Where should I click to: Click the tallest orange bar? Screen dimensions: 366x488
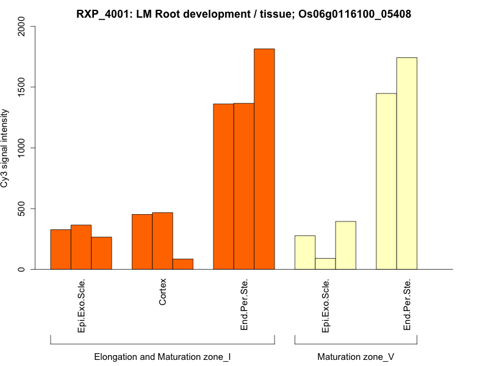(x=264, y=159)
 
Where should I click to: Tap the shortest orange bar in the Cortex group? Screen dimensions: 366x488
(x=183, y=264)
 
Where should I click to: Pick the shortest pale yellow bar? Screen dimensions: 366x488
(x=325, y=264)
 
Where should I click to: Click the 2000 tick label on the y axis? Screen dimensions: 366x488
(x=23, y=26)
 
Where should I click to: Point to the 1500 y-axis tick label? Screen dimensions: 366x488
(x=23, y=87)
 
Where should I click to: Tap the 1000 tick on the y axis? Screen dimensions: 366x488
(x=23, y=148)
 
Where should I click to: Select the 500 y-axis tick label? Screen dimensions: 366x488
(x=23, y=209)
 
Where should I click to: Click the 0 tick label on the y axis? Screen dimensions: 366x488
(x=23, y=269)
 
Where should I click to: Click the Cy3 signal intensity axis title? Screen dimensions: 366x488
(x=5, y=148)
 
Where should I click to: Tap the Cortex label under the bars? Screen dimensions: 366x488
(x=162, y=293)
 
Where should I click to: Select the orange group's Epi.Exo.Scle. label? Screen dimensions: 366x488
(x=81, y=306)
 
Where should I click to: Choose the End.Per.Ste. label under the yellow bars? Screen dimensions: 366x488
(x=407, y=305)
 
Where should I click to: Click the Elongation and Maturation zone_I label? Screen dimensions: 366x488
(x=162, y=356)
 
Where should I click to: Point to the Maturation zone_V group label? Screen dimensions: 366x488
(x=356, y=356)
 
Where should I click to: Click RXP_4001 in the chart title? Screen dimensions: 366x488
(x=101, y=13)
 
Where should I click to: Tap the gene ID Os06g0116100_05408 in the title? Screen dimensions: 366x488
(x=350, y=13)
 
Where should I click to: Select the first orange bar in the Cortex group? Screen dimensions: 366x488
(x=142, y=242)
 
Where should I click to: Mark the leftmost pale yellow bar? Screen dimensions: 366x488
(x=305, y=253)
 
